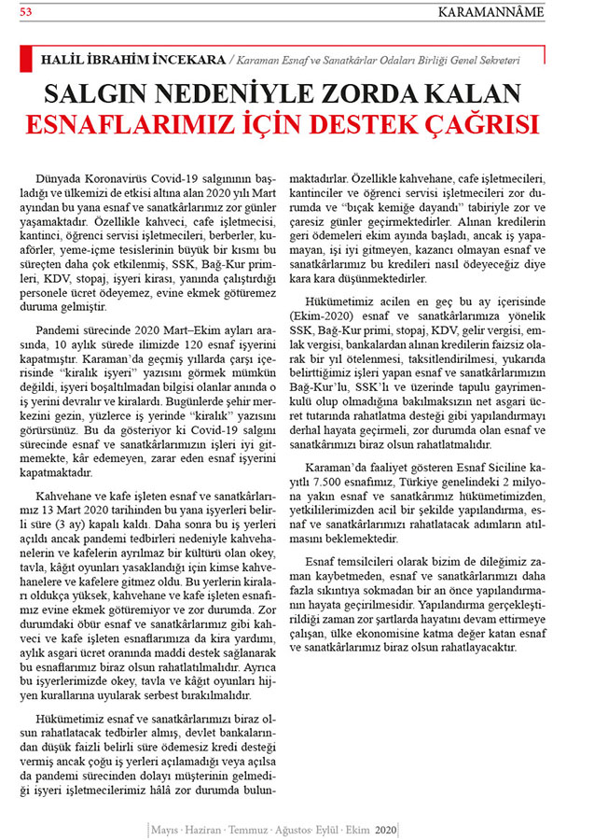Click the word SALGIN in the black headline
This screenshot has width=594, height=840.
click(107, 94)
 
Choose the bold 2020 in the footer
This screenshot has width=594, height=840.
click(385, 830)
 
